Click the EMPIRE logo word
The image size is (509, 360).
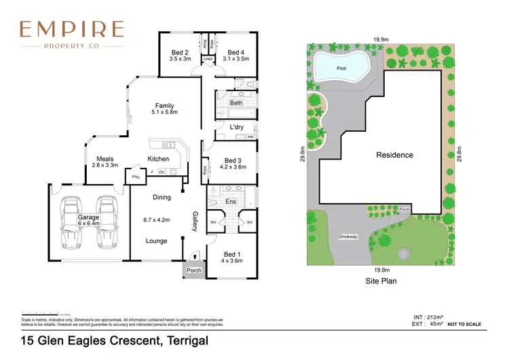tap(72, 29)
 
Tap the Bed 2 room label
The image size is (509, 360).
tap(180, 52)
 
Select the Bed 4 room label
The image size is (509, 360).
tap(235, 52)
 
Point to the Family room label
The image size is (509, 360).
tap(164, 106)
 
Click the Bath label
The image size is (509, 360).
tap(236, 103)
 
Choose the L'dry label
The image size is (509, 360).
tap(237, 127)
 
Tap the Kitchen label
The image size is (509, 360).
tap(158, 159)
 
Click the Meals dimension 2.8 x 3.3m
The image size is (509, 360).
tap(106, 165)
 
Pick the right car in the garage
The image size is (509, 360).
tap(107, 223)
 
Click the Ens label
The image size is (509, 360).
tap(230, 202)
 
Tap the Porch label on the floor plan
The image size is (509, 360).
tap(194, 270)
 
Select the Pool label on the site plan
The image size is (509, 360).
tap(341, 69)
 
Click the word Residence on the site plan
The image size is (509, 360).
tap(394, 155)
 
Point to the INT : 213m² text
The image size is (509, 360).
tap(429, 317)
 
